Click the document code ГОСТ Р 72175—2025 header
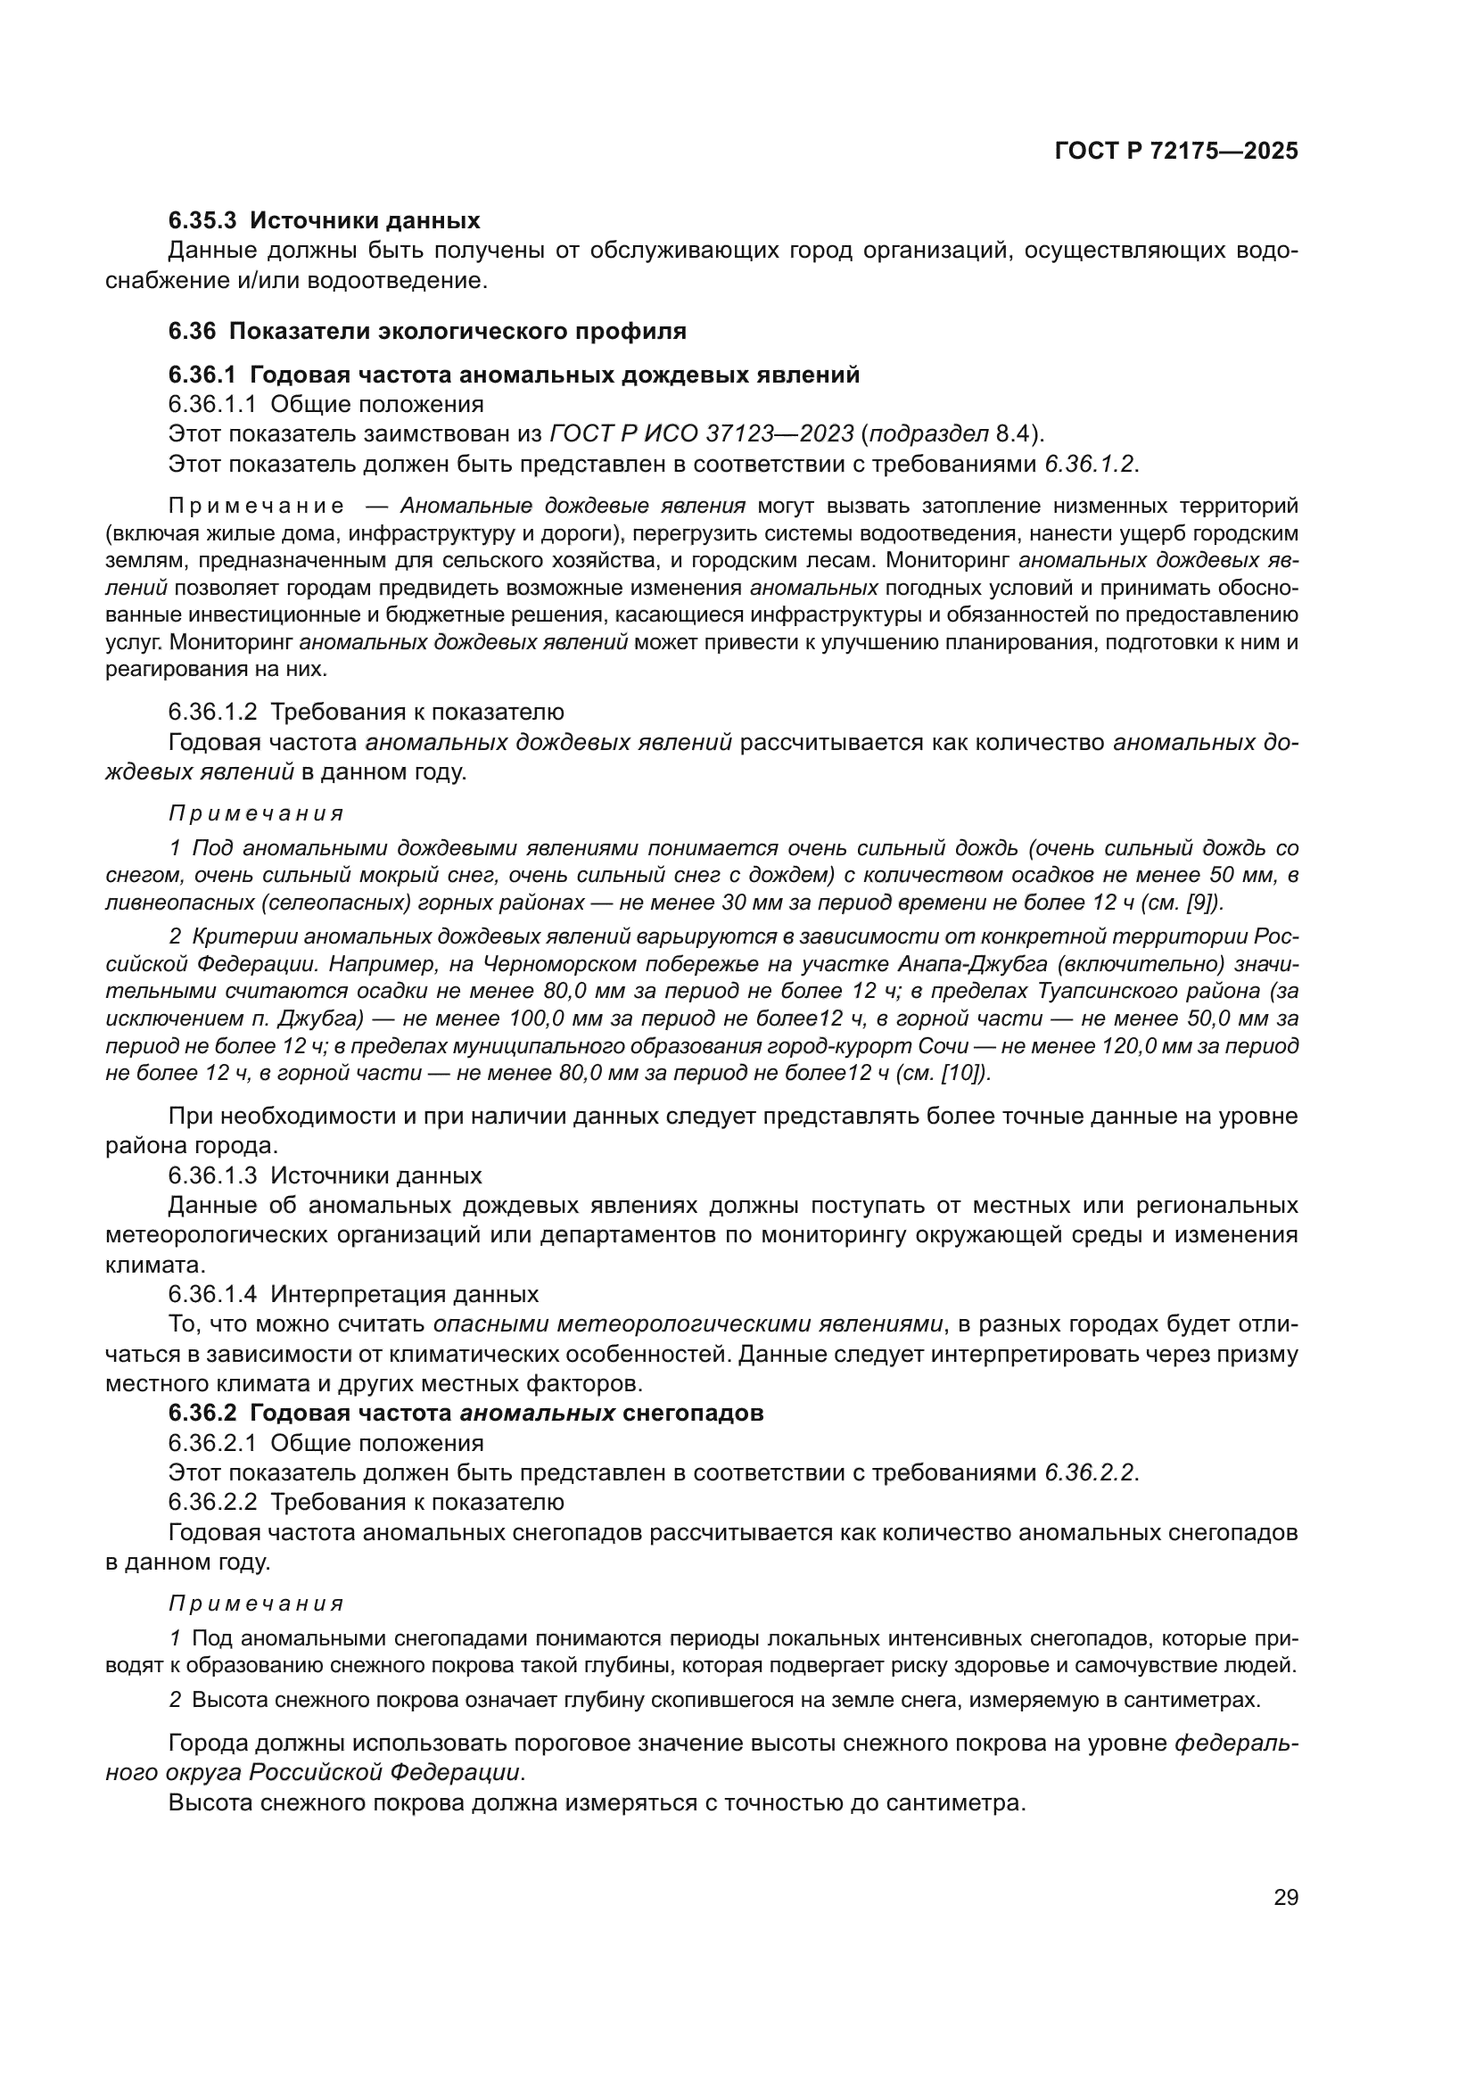coord(1176,152)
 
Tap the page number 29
coord(1285,1898)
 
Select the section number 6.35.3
coord(202,221)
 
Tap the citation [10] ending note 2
coord(964,1073)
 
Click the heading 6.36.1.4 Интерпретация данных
coord(353,1294)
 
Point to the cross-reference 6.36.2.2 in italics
coord(1088,1472)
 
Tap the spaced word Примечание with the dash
coord(257,506)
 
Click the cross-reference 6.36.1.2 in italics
coord(1088,464)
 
